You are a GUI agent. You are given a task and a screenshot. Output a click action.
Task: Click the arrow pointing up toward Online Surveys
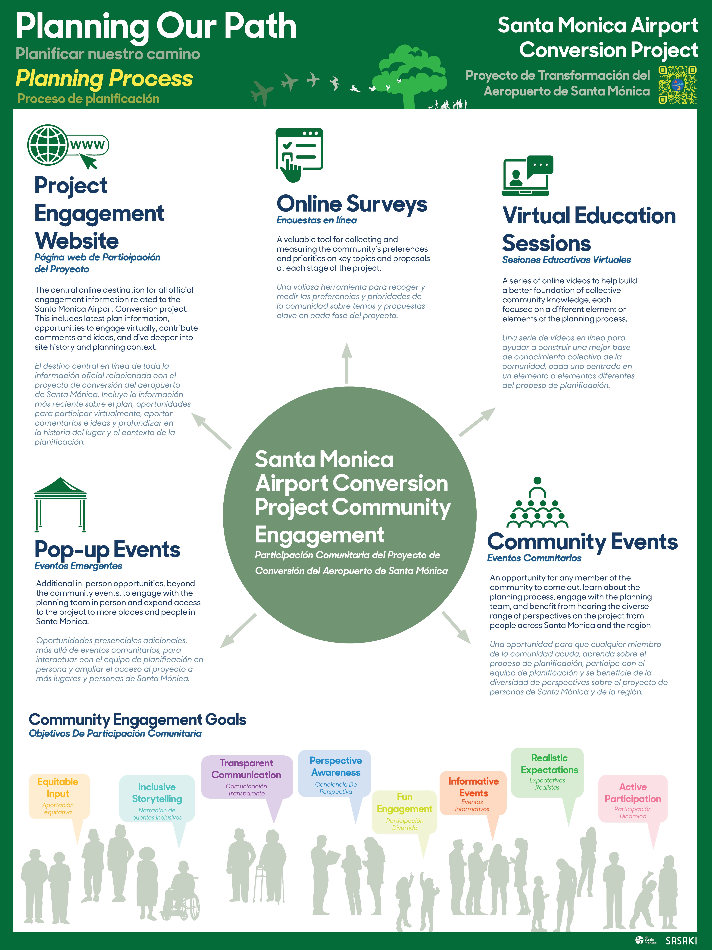click(x=347, y=363)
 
